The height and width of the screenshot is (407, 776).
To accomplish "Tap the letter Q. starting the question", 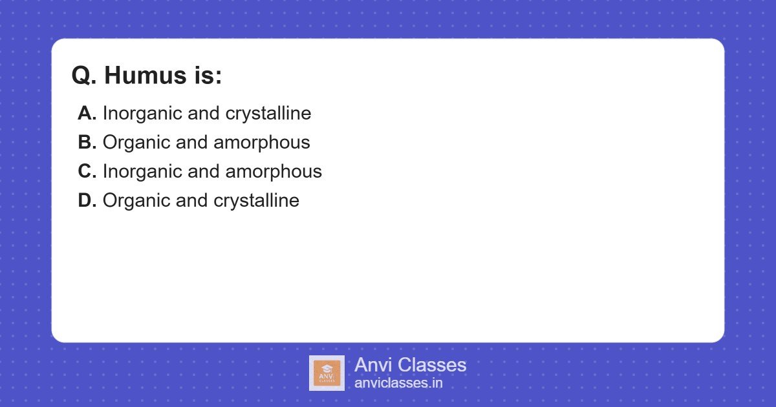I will point(84,76).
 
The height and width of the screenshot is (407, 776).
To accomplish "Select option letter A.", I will point(87,114).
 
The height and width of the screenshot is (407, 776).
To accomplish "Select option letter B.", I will point(87,143).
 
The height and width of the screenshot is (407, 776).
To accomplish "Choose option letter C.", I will point(87,172).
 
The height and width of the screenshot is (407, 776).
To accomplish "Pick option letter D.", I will point(87,201).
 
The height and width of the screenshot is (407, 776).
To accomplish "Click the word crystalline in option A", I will point(268,114).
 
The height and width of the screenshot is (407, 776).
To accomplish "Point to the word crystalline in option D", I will point(256,201).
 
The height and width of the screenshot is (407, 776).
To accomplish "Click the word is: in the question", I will point(207,76).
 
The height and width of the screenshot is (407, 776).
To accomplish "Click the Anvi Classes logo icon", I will point(327,373).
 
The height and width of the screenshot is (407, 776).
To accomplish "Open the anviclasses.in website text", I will point(398,383).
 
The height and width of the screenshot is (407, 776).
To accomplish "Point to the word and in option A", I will point(203,114).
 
